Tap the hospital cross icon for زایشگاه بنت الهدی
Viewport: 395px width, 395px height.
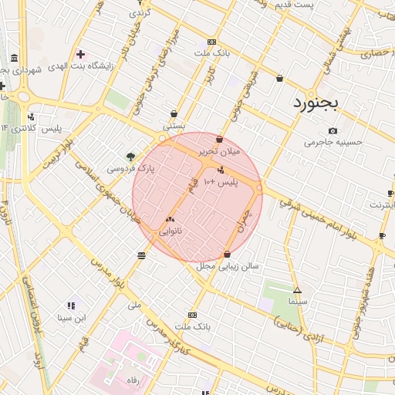(80, 53)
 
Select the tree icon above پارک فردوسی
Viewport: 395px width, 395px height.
(130, 156)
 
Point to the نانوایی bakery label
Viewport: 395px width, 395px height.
(170, 231)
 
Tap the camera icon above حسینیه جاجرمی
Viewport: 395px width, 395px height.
(333, 130)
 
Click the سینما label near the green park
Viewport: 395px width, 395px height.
(296, 302)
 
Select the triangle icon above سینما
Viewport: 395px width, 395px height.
(297, 291)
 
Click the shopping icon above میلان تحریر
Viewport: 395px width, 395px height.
(220, 140)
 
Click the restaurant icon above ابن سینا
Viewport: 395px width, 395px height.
(72, 306)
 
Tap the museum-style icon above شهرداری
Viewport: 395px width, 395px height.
(15, 59)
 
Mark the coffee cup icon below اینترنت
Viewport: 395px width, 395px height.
(382, 235)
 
